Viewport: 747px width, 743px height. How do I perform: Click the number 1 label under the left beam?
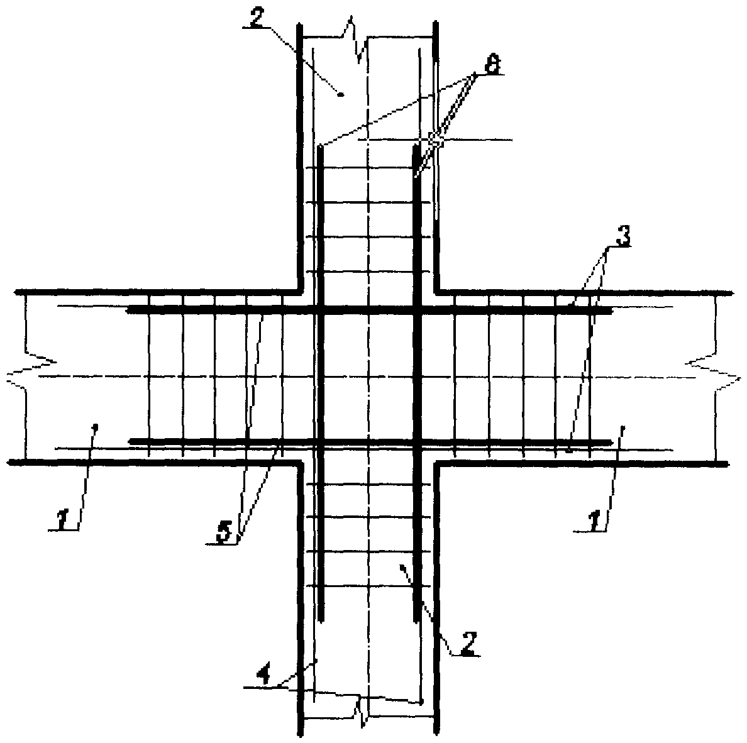[63, 520]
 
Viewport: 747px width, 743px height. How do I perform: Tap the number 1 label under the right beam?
[592, 520]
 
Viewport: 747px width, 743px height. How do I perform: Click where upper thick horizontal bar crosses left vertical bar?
[320, 311]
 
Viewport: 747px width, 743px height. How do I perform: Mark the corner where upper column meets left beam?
[301, 292]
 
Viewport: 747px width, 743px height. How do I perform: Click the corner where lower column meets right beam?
[436, 463]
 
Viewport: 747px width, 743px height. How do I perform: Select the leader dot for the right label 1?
[622, 427]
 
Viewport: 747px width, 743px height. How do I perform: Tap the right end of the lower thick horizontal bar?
[610, 442]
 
